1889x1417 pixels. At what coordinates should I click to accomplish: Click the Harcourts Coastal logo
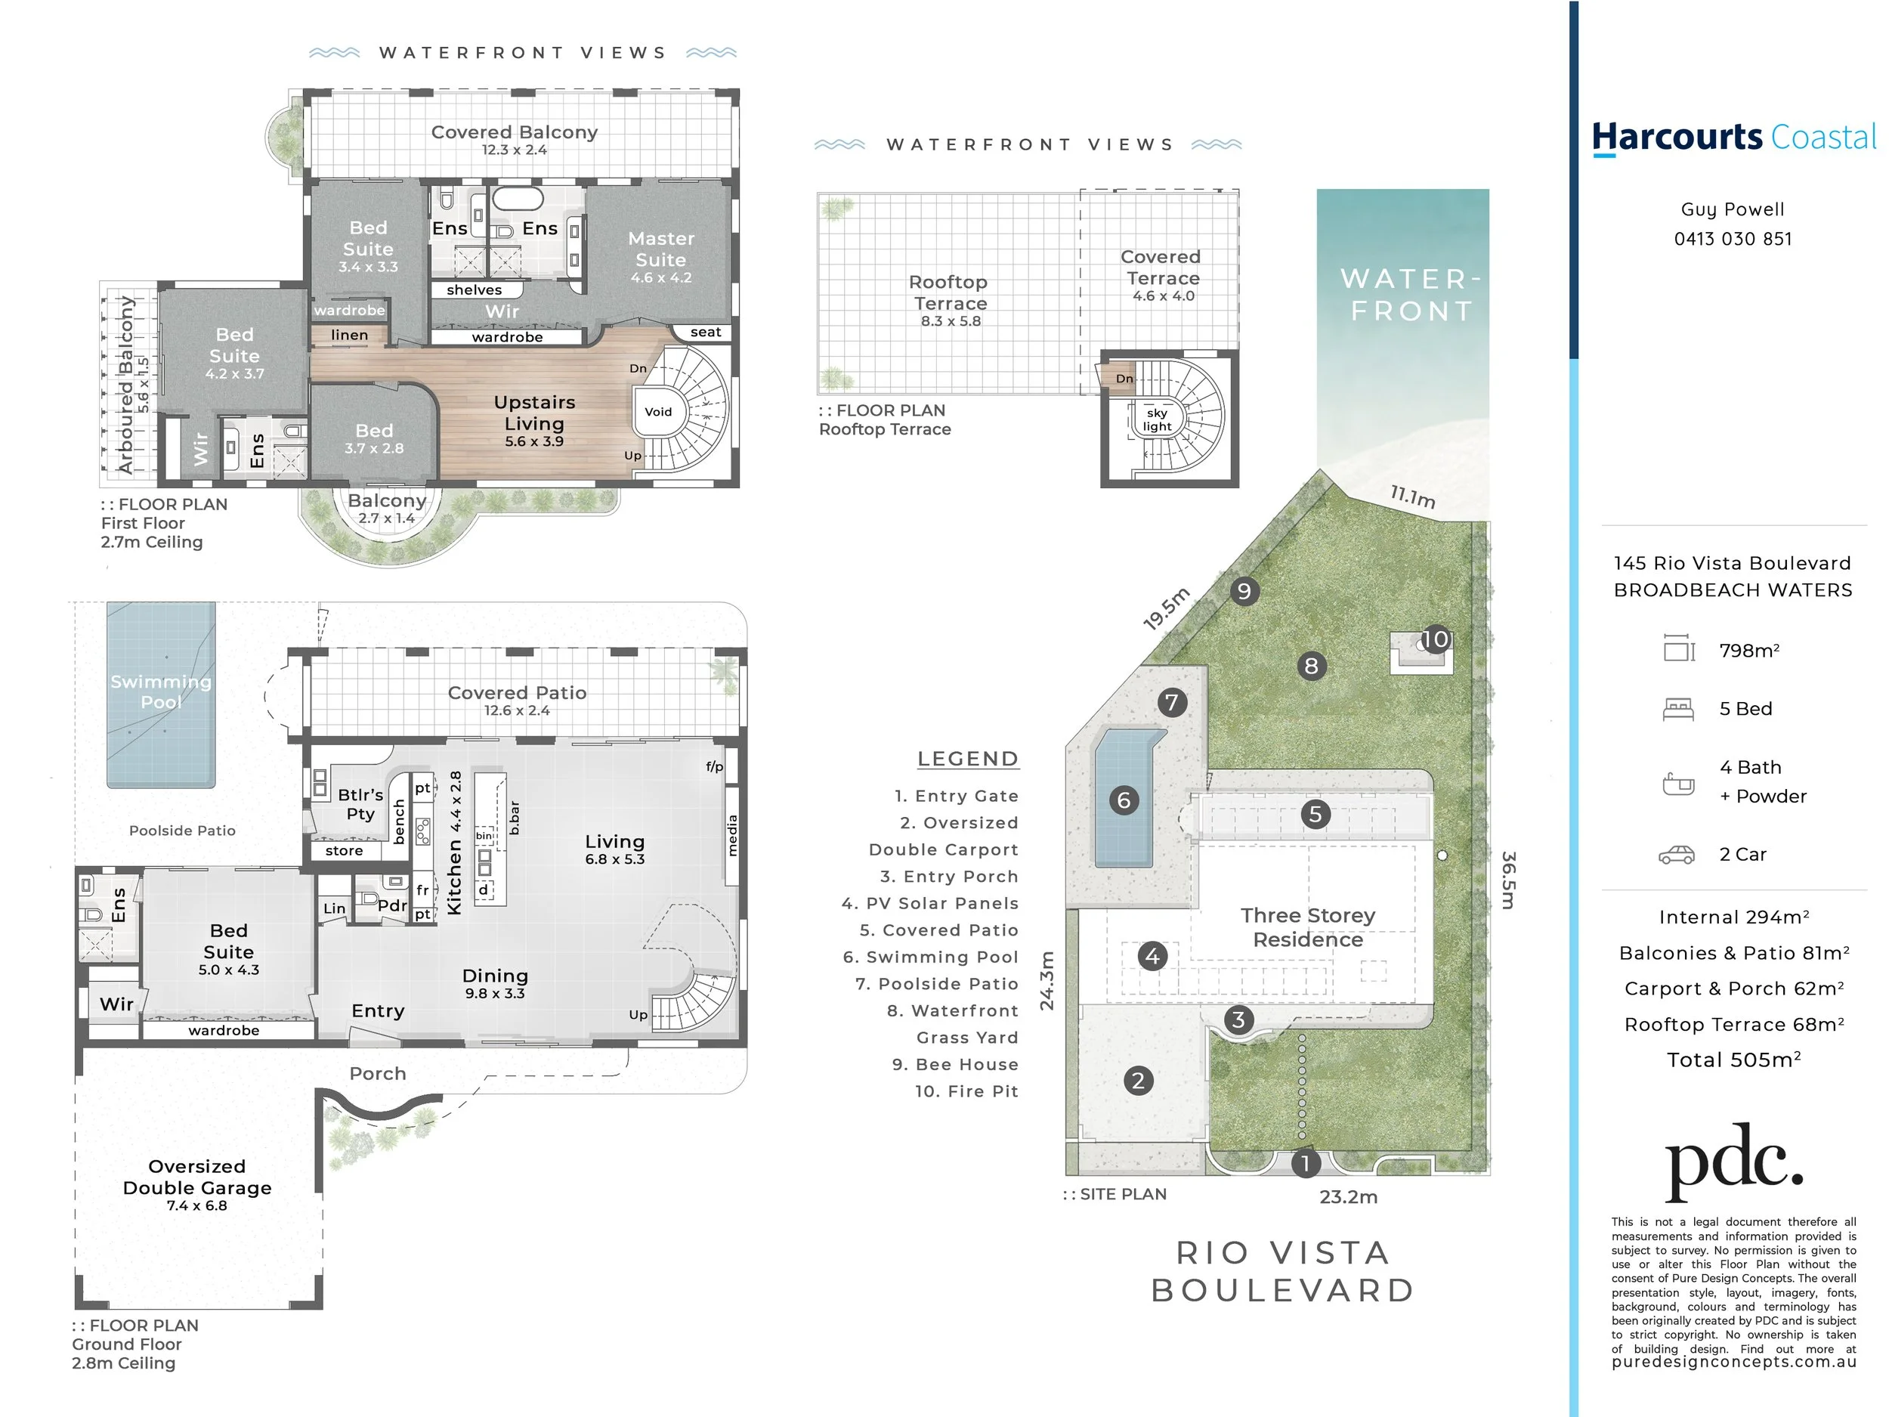point(1733,138)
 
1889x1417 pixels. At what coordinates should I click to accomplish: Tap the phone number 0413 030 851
point(1733,239)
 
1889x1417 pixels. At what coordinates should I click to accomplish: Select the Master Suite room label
point(661,249)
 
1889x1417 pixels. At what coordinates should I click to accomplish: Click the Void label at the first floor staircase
point(657,412)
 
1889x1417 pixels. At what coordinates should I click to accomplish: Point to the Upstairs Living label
point(535,413)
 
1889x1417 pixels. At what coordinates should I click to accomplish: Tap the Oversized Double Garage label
point(197,1177)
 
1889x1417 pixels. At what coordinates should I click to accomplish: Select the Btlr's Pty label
point(360,805)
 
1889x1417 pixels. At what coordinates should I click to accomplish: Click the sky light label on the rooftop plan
point(1157,419)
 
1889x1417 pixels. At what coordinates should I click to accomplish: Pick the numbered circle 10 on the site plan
point(1436,639)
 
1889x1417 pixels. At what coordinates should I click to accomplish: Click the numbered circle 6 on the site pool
point(1124,800)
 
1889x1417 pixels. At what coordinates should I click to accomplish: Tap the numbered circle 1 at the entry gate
point(1305,1162)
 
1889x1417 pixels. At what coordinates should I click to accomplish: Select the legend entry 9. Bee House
point(956,1064)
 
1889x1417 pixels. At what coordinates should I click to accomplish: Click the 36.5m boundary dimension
point(1509,880)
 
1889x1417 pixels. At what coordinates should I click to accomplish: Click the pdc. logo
point(1734,1162)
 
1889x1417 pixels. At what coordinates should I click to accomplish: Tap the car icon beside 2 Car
point(1677,855)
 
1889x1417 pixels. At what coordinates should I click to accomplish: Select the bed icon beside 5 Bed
point(1678,709)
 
